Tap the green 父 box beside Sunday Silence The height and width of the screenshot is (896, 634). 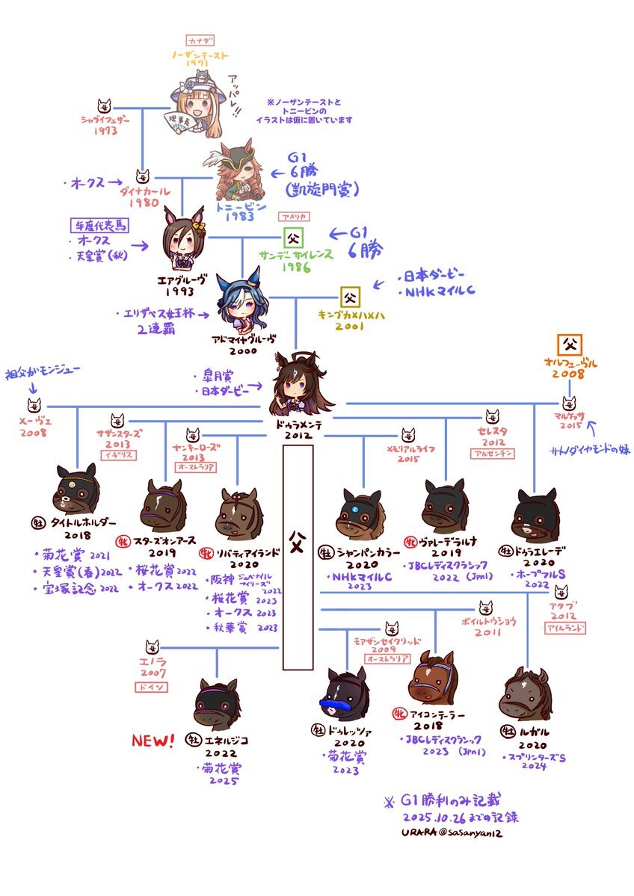[292, 240]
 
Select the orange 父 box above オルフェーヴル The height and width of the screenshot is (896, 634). [570, 345]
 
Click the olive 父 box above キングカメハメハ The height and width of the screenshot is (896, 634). [350, 297]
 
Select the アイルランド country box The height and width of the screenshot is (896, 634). [565, 629]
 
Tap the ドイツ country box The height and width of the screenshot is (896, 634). [152, 687]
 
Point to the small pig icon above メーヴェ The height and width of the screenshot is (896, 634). [34, 406]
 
